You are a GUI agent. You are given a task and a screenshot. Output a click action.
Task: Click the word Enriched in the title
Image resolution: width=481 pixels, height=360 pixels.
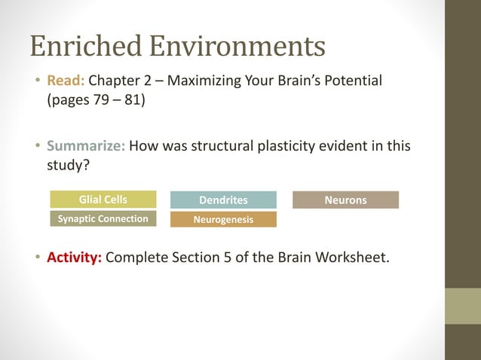84,47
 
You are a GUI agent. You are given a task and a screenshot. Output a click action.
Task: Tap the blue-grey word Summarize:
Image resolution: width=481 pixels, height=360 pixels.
87,145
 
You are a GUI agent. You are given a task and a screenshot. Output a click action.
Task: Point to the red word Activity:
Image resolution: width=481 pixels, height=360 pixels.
75,258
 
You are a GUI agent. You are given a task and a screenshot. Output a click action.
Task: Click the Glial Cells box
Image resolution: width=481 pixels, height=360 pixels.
103,200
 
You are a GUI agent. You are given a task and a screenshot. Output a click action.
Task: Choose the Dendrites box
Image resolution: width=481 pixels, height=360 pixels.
223,200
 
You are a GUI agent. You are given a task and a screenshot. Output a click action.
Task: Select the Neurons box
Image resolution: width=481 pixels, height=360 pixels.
345,200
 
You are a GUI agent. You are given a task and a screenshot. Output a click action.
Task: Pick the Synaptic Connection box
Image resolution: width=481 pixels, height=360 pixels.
103,219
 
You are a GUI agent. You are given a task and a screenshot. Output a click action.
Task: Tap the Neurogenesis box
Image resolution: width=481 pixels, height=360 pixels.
223,220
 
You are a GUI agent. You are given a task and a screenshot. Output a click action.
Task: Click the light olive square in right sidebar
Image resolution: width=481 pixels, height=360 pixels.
462,306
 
